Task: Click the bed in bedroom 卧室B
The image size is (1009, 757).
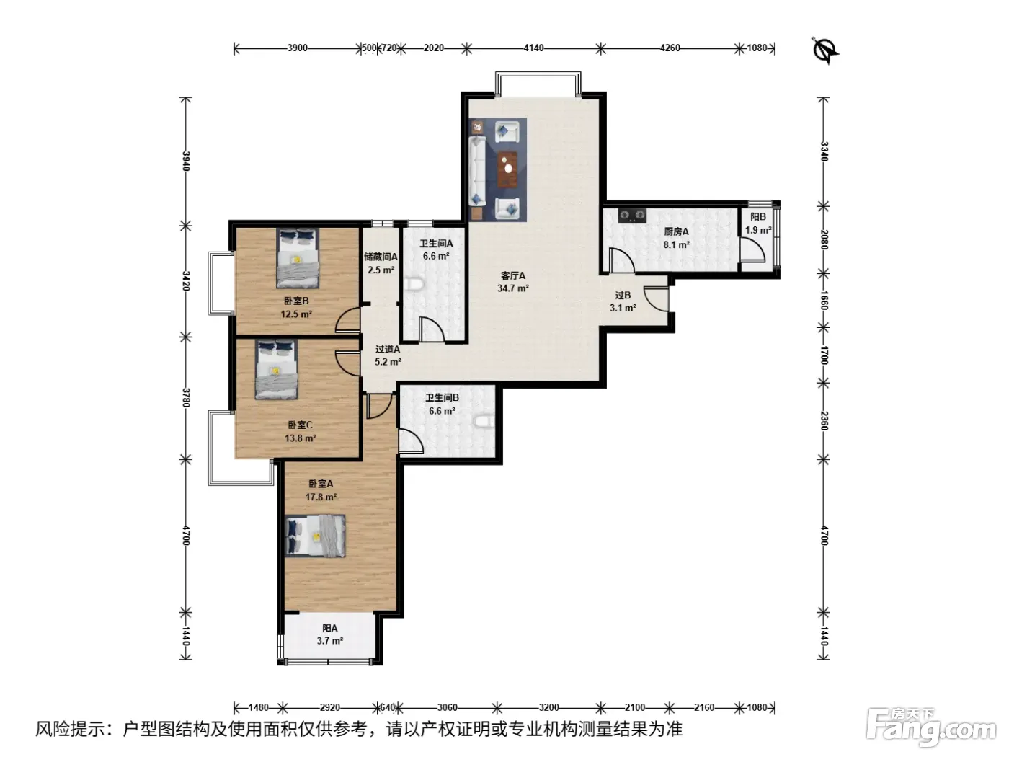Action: click(x=297, y=258)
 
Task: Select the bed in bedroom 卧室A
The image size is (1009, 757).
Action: click(x=315, y=536)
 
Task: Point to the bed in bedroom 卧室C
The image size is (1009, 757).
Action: click(x=276, y=370)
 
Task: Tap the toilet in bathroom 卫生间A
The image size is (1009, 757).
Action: click(x=414, y=283)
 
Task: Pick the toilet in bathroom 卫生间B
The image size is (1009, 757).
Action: click(x=484, y=422)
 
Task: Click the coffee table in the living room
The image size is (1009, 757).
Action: click(x=507, y=169)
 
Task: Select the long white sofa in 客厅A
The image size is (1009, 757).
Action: click(x=478, y=171)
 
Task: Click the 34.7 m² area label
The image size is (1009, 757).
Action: click(x=512, y=288)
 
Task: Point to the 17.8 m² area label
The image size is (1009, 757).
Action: click(x=321, y=497)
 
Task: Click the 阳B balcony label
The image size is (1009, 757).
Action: click(x=758, y=216)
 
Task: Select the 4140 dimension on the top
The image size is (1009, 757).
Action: click(x=534, y=48)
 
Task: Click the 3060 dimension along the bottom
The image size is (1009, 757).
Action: click(x=448, y=707)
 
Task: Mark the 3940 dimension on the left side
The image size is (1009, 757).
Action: click(x=186, y=161)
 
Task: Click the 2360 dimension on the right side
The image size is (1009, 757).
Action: click(x=824, y=421)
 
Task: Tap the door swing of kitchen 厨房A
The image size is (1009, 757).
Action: click(x=621, y=260)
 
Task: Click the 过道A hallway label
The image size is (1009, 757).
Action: click(x=388, y=349)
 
